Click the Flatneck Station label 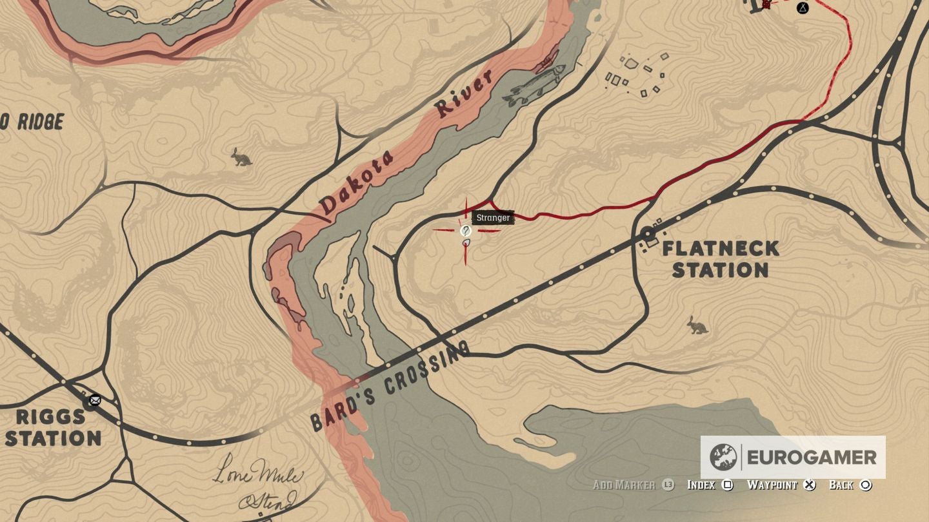(x=720, y=259)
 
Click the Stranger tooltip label (x=493, y=218)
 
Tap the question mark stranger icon (x=465, y=231)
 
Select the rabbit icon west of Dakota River (x=242, y=157)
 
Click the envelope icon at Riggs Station (x=95, y=400)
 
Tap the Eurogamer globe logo (x=723, y=458)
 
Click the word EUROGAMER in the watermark (x=812, y=458)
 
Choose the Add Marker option (x=624, y=485)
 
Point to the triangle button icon (x=803, y=8)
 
